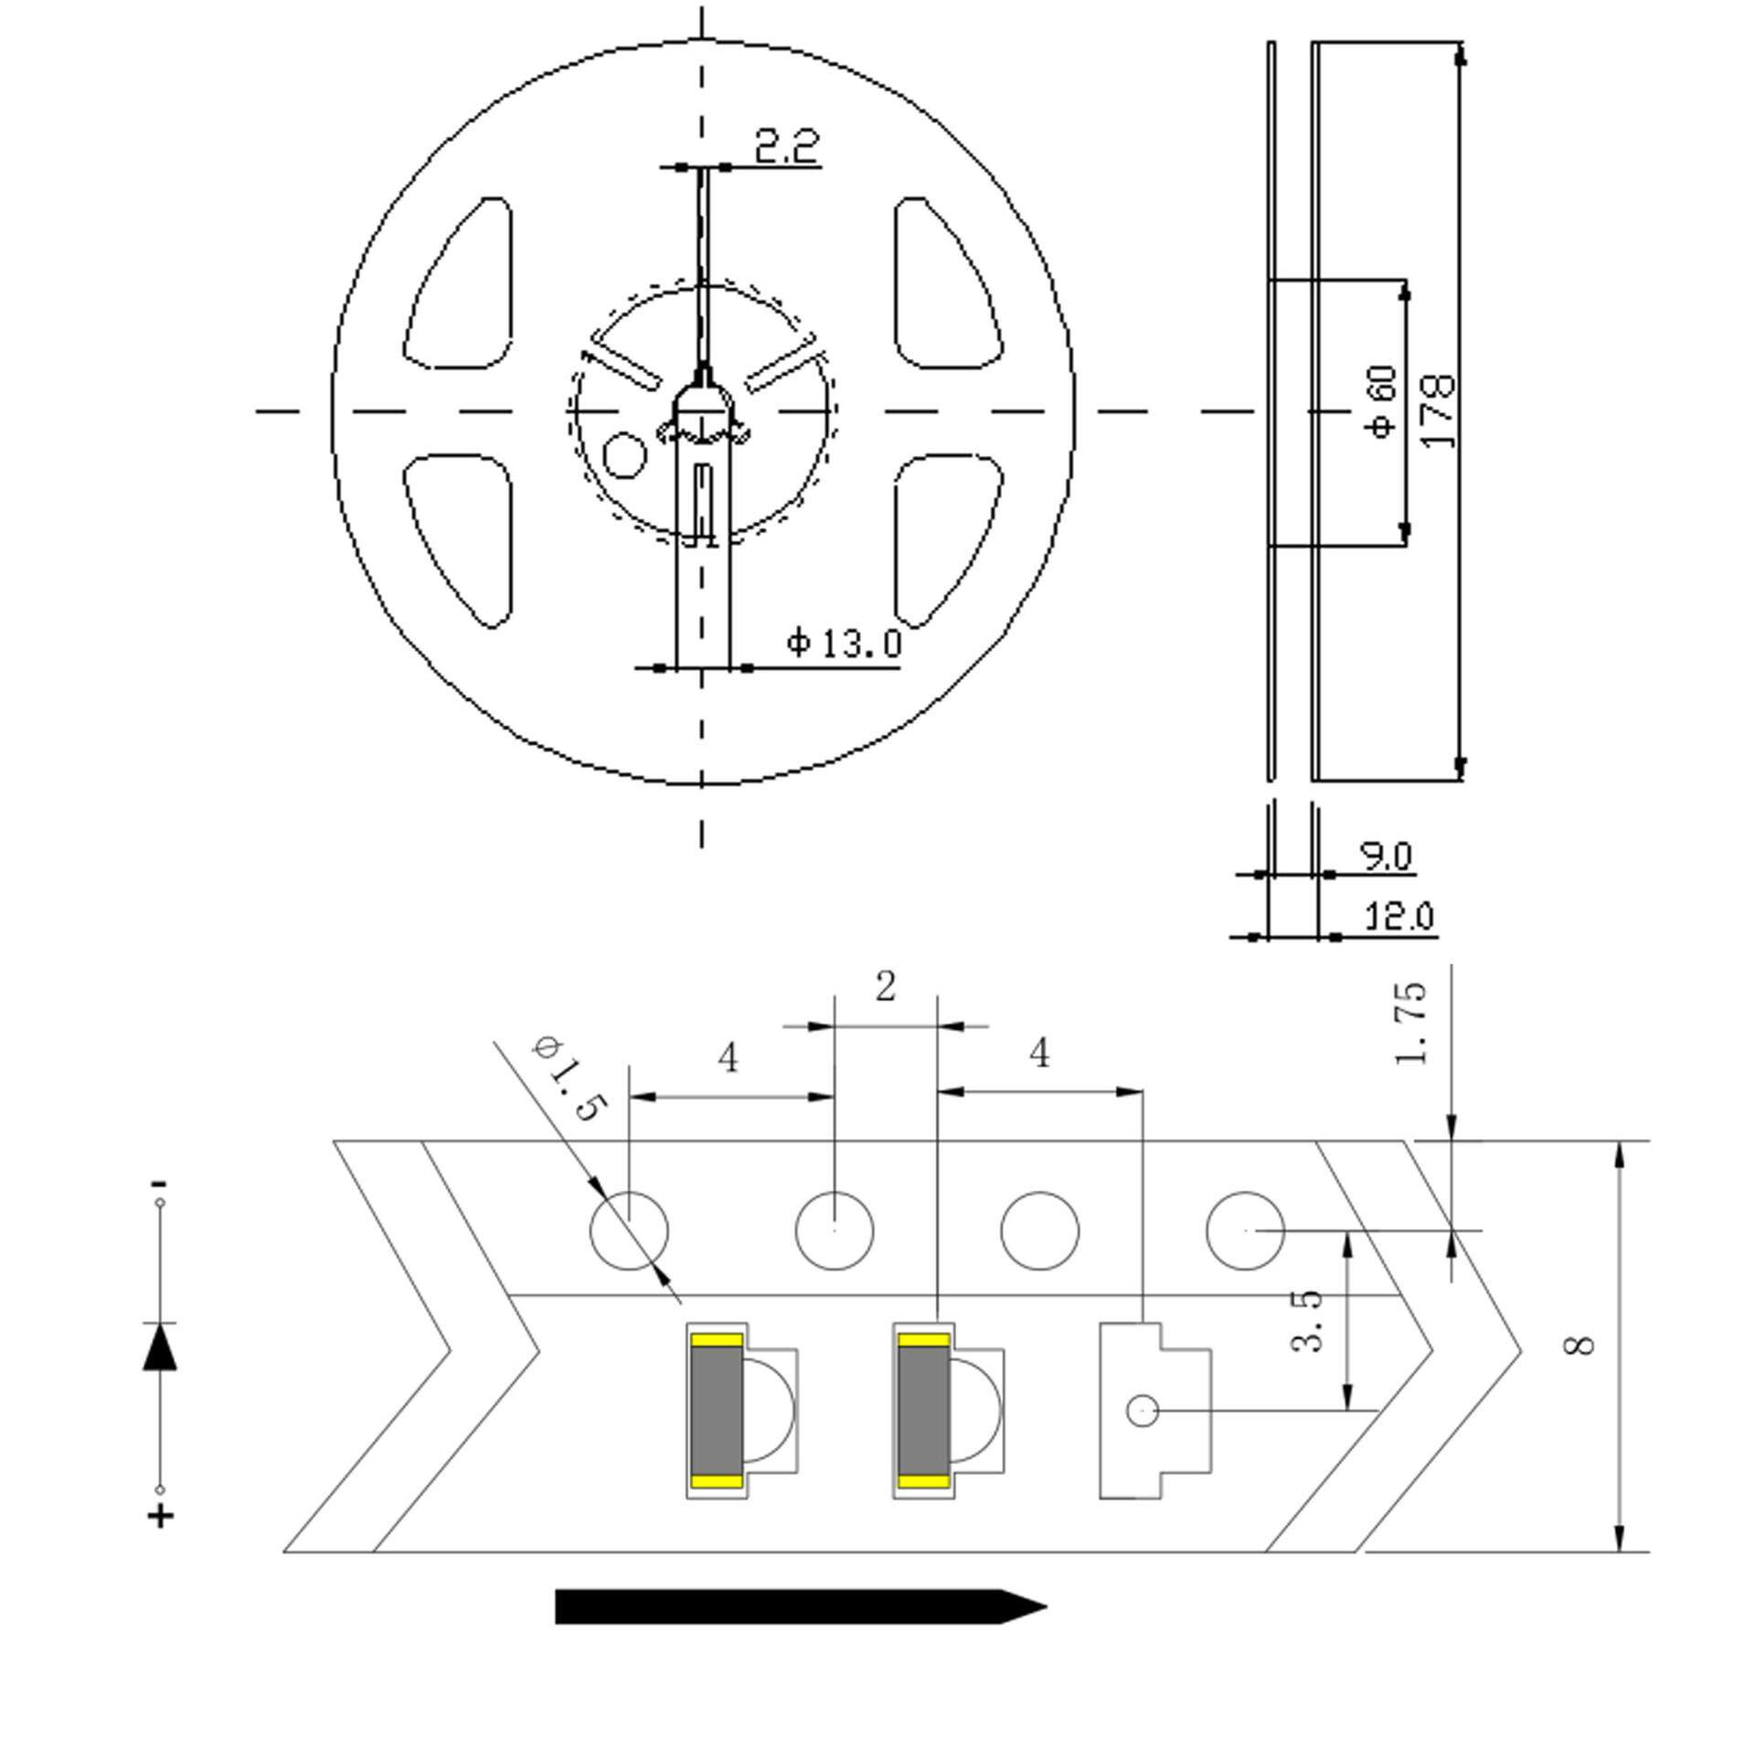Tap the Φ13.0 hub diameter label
coord(844,643)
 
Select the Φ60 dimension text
coord(1385,401)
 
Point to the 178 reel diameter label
coord(1439,409)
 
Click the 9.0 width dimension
coord(1388,856)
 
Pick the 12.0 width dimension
coord(1399,916)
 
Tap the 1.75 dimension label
coord(1410,1023)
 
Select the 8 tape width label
coord(1581,1345)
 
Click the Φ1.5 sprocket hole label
coord(568,1079)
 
